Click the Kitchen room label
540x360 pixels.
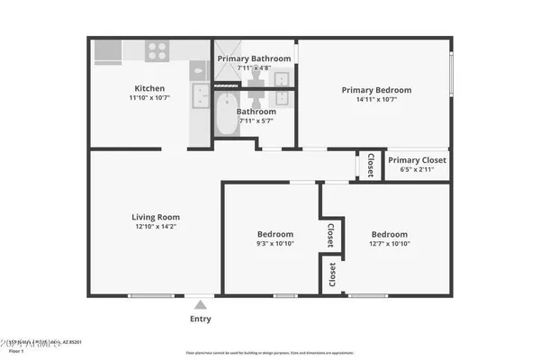(149, 88)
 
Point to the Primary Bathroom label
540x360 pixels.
(255, 58)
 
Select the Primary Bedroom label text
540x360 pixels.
(375, 90)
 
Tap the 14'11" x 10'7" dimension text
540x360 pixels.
(375, 100)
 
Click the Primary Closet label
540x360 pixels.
(417, 160)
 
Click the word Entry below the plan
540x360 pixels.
(201, 319)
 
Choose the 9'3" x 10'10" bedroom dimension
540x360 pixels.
(275, 244)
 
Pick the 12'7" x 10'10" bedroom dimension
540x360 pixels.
(390, 244)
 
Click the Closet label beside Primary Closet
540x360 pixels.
(371, 165)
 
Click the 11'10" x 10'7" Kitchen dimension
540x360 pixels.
(149, 98)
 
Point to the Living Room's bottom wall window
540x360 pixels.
(145, 296)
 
